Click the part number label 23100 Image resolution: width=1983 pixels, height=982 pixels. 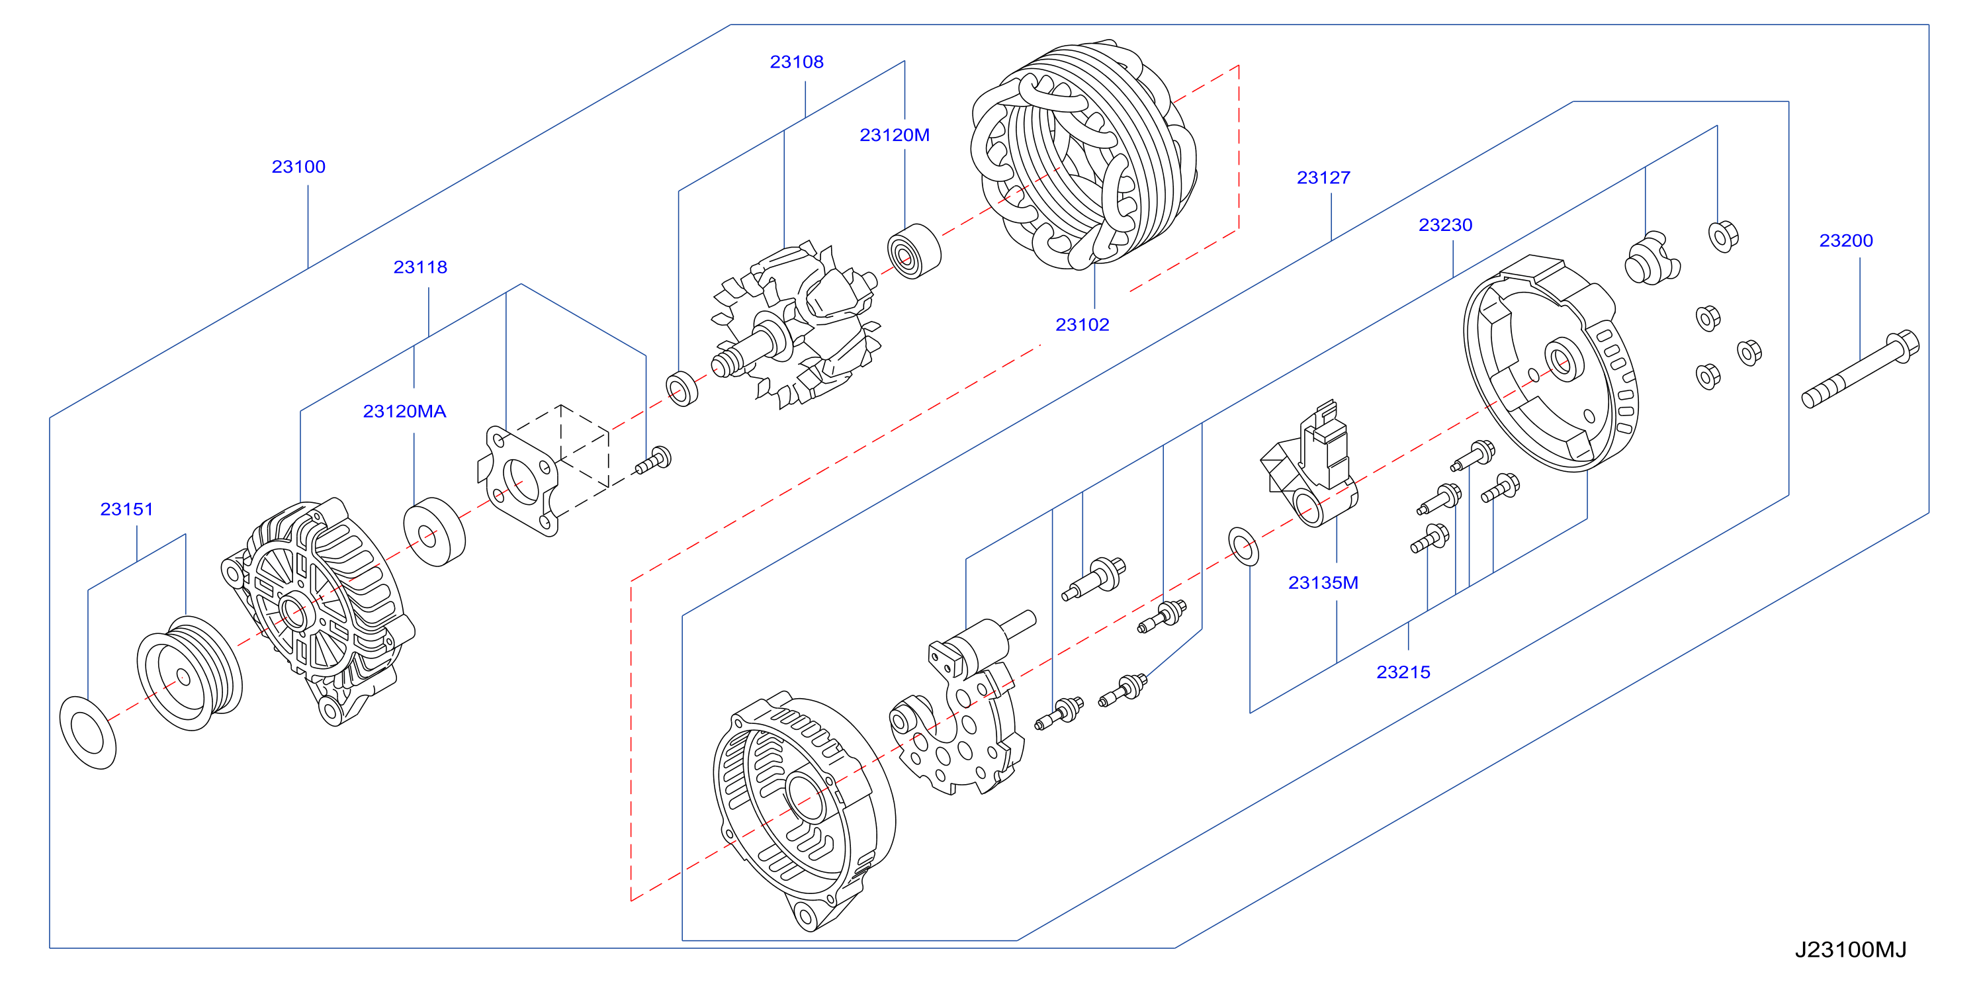pos(298,166)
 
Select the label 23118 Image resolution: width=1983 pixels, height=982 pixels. pos(420,267)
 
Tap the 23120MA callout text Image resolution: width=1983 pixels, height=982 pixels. pos(405,411)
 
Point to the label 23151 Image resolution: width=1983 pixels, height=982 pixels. pos(127,509)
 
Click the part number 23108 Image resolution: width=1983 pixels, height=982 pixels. pos(797,62)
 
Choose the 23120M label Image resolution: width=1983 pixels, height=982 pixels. pos(895,135)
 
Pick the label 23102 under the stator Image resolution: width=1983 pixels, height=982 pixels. pos(1082,325)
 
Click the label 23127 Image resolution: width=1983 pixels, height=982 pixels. pos(1323,178)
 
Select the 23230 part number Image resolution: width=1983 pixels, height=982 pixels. pos(1446,225)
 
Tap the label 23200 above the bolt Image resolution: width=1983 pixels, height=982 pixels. pos(1846,240)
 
